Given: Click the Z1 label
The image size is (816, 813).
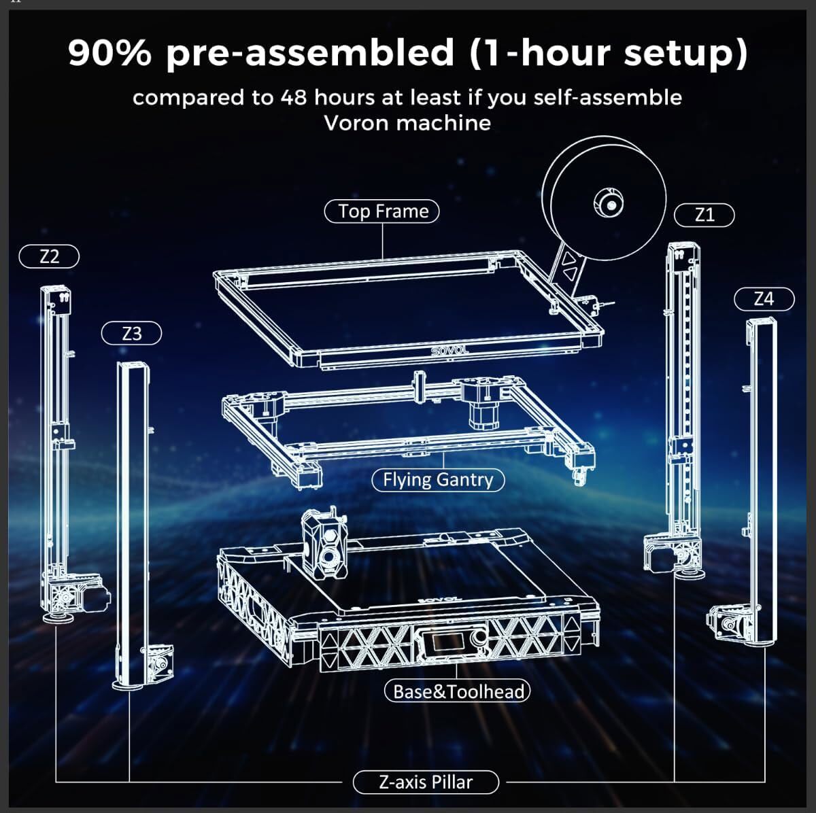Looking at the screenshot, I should [704, 215].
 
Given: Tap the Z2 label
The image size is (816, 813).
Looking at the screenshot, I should [50, 256].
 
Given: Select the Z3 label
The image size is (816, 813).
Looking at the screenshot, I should [132, 334].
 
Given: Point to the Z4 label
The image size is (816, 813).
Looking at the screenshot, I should [764, 298].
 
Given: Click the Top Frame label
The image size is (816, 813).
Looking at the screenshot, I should [384, 211].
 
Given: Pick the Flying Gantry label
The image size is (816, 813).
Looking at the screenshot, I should [438, 480].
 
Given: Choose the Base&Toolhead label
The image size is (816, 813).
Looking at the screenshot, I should [457, 691].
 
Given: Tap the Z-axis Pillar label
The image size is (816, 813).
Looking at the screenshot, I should [426, 782].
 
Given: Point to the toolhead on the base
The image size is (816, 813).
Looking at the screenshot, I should [324, 544].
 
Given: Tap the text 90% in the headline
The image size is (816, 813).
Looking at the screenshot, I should [109, 53].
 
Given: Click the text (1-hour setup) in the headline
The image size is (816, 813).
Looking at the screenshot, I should [608, 53].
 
